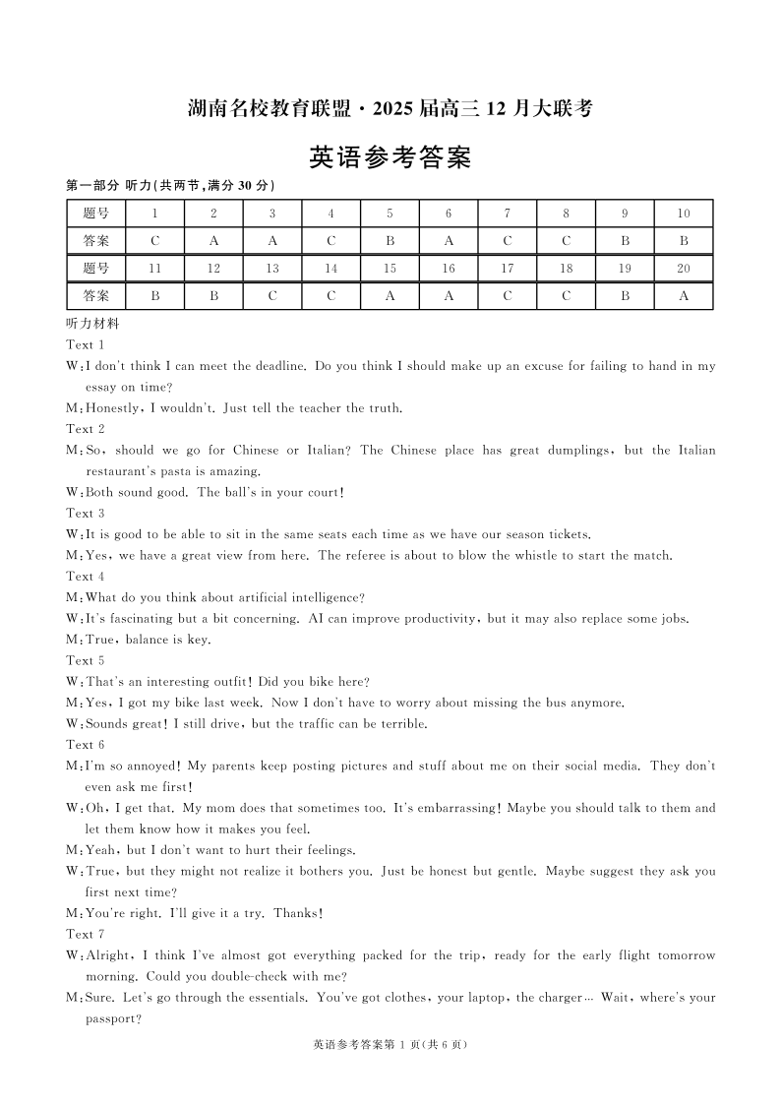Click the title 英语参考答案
click(x=390, y=157)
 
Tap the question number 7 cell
click(x=507, y=214)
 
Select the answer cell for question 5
click(x=390, y=240)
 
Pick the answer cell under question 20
click(x=684, y=295)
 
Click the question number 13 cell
click(x=272, y=269)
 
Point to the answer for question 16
click(x=449, y=295)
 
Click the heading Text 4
click(x=86, y=577)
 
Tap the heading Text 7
click(x=86, y=934)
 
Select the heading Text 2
click(x=86, y=429)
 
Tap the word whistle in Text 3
click(x=555, y=556)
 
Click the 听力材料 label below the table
click(x=92, y=324)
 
